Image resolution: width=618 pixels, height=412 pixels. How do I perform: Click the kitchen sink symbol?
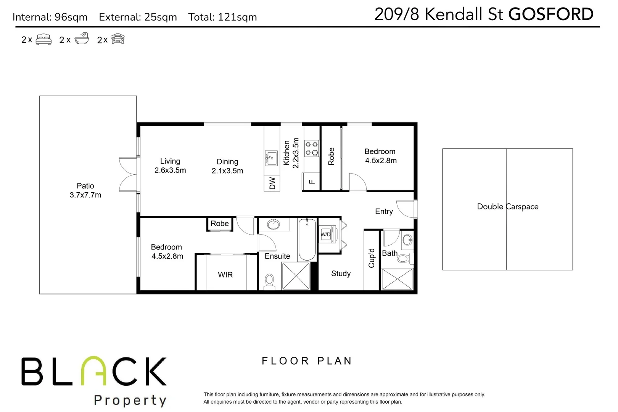[x=271, y=158]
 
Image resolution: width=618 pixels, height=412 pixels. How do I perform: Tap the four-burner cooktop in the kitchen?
[x=311, y=148]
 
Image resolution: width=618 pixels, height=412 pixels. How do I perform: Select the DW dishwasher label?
[x=272, y=183]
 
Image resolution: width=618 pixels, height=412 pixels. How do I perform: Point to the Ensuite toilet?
[x=269, y=281]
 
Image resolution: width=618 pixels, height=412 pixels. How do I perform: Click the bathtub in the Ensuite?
[x=307, y=239]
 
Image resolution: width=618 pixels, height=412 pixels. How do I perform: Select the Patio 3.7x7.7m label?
[x=85, y=190]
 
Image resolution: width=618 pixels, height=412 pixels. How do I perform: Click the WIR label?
[x=225, y=275]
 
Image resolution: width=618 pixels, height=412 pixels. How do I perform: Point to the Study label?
[x=341, y=274]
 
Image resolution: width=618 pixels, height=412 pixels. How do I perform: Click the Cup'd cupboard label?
[x=372, y=258]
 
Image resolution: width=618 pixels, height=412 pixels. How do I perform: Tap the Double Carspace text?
[x=507, y=206]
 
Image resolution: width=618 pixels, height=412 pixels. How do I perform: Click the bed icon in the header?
[x=43, y=39]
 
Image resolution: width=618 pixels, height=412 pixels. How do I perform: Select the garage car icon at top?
[x=118, y=39]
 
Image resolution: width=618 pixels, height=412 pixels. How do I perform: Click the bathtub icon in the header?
[x=82, y=39]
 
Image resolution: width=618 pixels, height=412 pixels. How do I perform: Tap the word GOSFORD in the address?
[x=550, y=14]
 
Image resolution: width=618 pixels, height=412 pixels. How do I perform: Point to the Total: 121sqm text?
[x=222, y=17]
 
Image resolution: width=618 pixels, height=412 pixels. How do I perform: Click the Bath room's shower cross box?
[x=397, y=279]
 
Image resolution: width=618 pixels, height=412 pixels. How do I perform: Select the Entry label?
[x=384, y=211]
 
